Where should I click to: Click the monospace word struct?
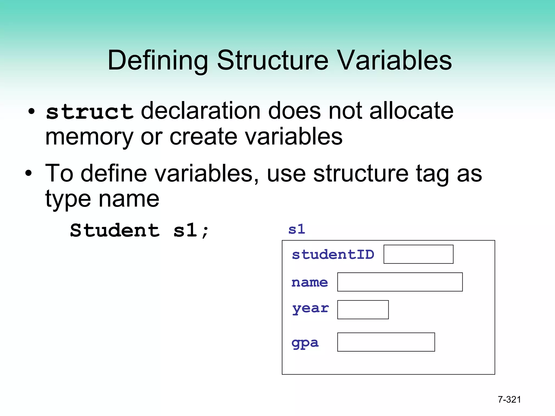coord(90,112)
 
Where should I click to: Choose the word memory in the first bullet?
coord(89,137)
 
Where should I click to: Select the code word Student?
coord(115,230)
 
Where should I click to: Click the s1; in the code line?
coord(191,230)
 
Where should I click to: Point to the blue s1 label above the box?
coord(297,229)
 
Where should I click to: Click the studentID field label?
coord(333,255)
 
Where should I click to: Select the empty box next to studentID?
coord(418,254)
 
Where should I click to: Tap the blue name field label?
coord(309,282)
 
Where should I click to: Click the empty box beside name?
coord(400,282)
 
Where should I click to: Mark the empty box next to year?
coord(363,310)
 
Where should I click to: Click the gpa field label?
coord(305,343)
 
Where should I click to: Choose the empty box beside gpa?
coord(386,342)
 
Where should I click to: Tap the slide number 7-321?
coord(509,399)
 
